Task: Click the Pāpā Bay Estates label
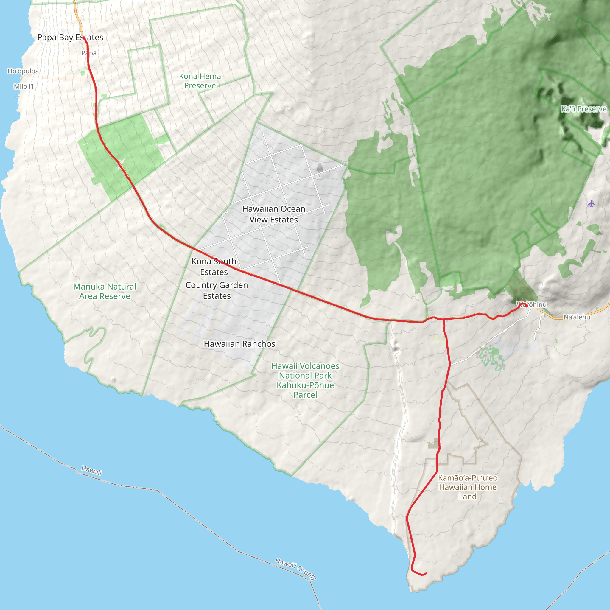pyautogui.click(x=70, y=37)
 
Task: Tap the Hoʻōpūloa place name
pyautogui.click(x=23, y=71)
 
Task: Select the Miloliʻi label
pyautogui.click(x=23, y=86)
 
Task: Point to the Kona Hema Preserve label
pyautogui.click(x=200, y=81)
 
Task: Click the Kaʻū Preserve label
pyautogui.click(x=583, y=109)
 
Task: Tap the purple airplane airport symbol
pyautogui.click(x=591, y=204)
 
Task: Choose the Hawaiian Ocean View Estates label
pyautogui.click(x=273, y=214)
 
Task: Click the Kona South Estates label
pyautogui.click(x=214, y=267)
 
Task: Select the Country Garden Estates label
pyautogui.click(x=217, y=290)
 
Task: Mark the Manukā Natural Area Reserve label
pyautogui.click(x=105, y=291)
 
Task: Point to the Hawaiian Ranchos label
pyautogui.click(x=239, y=343)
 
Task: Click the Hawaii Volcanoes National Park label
pyautogui.click(x=305, y=380)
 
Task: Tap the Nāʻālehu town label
pyautogui.click(x=577, y=317)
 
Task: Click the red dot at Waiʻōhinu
pyautogui.click(x=526, y=306)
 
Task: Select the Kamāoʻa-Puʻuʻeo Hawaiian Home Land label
pyautogui.click(x=467, y=487)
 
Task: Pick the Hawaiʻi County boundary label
pyautogui.click(x=295, y=569)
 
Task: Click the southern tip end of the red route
pyautogui.click(x=426, y=573)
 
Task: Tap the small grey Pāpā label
pyautogui.click(x=89, y=53)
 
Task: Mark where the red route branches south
pyautogui.click(x=444, y=320)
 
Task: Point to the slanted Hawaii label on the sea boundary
pyautogui.click(x=91, y=470)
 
